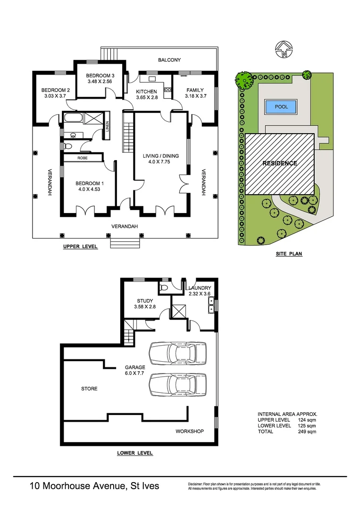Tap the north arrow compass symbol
(x=283, y=49)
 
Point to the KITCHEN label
(x=147, y=92)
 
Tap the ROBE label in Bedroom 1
(x=83, y=158)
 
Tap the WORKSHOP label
(x=189, y=431)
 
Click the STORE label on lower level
(x=89, y=389)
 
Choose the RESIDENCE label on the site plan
(x=280, y=163)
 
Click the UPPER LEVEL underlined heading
(x=80, y=246)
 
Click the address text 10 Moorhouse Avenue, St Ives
(x=94, y=486)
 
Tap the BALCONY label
(x=169, y=60)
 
